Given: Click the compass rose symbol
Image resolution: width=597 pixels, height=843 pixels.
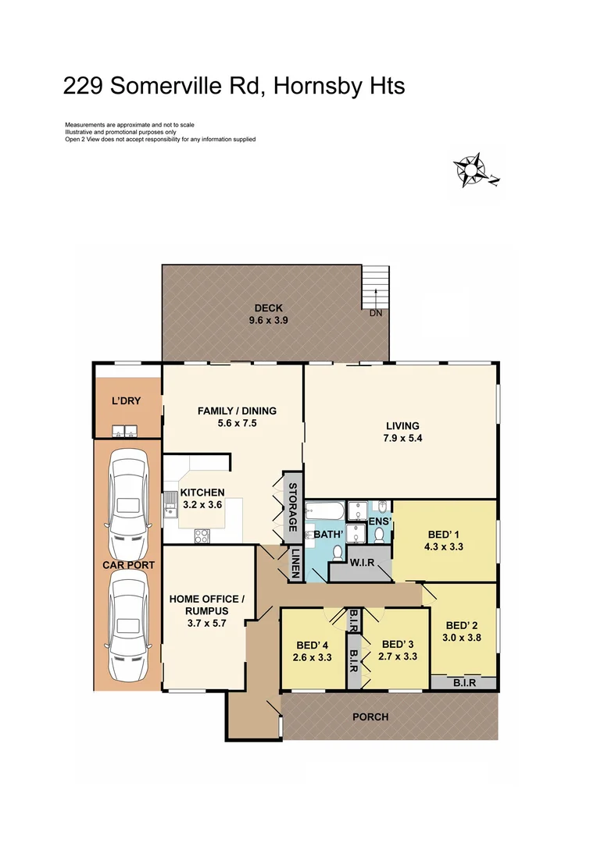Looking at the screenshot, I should tap(471, 169).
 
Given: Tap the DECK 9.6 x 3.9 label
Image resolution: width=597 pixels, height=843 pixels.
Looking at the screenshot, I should tap(268, 314).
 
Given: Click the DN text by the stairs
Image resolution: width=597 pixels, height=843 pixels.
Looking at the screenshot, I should tap(377, 313).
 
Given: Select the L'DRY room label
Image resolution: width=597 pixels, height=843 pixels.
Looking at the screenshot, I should tap(125, 400).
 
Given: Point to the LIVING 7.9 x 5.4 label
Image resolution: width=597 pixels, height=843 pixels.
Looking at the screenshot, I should tap(402, 432).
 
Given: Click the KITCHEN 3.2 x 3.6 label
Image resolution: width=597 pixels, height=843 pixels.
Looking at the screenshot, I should tap(202, 499).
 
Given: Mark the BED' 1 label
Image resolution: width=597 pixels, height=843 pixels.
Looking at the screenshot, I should tap(445, 540).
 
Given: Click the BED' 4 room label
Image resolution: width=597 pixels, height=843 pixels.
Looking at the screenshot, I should tap(313, 651).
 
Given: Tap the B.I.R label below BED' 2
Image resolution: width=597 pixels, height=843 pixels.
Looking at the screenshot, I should tap(464, 684).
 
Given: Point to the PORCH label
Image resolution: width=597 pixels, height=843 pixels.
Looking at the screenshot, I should tap(370, 717).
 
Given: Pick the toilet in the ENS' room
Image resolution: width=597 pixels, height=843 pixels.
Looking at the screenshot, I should tap(379, 534).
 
